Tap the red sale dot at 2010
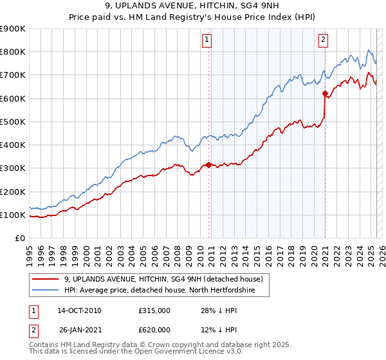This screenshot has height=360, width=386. [x=208, y=165]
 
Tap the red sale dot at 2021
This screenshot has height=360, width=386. [x=325, y=94]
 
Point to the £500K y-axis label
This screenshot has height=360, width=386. [x=13, y=122]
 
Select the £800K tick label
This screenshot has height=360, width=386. [x=13, y=52]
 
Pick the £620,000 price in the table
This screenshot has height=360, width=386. [x=154, y=330]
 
